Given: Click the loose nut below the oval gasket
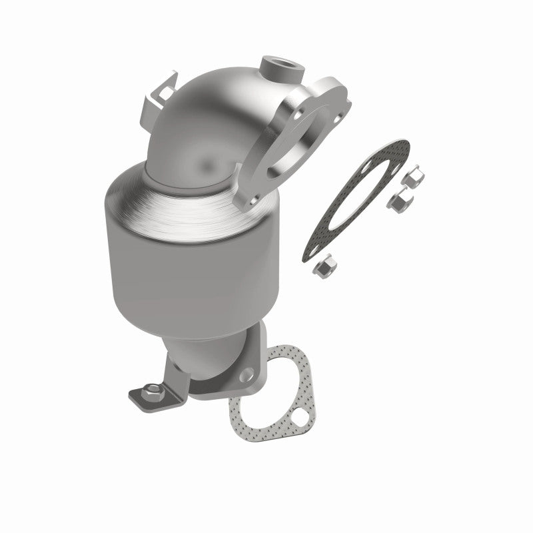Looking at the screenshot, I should (x=324, y=266).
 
